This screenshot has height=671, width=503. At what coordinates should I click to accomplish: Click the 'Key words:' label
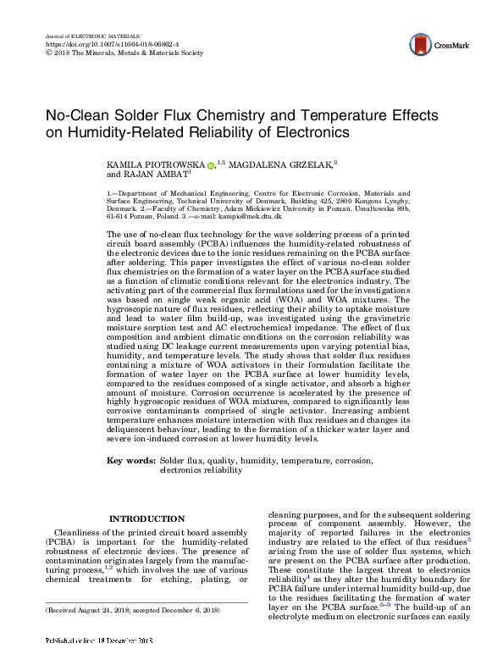coord(130,460)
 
